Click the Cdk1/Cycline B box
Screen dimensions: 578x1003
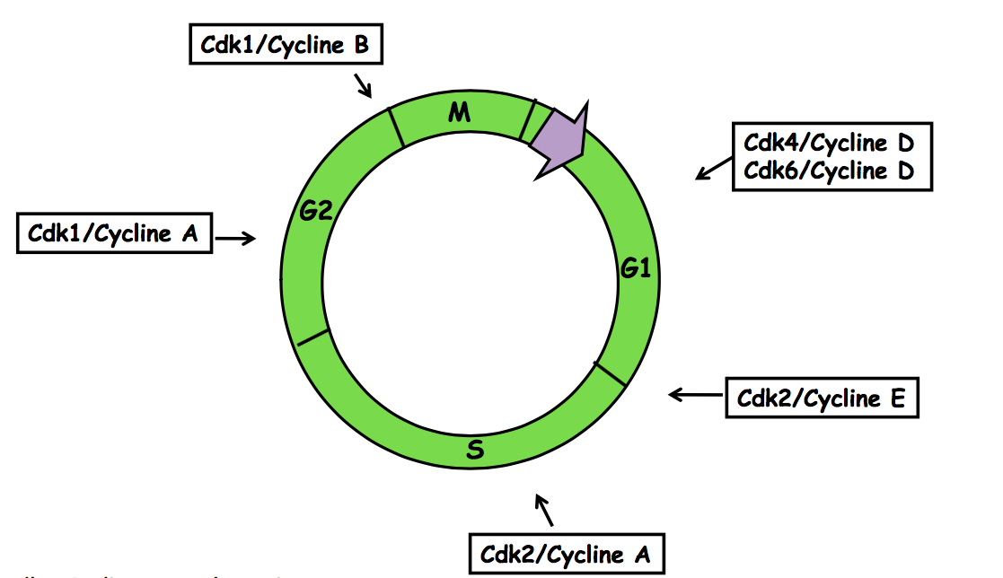[x=286, y=45]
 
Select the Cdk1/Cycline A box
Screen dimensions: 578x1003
[x=114, y=234]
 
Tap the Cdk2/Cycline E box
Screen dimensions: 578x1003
[x=821, y=398]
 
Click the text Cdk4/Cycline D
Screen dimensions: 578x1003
[x=828, y=144]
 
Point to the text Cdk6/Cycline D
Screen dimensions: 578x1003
[x=828, y=171]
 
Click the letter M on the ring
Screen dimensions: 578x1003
[x=460, y=112]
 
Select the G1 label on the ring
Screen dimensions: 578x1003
[x=636, y=267]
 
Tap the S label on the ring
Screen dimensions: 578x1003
[x=476, y=450]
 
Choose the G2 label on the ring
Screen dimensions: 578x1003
[x=316, y=212]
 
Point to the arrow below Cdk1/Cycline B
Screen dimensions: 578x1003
[x=363, y=85]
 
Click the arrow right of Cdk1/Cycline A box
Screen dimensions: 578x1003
[x=237, y=238]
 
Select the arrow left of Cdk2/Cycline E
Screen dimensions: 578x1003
[x=689, y=394]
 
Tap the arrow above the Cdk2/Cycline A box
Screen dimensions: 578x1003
[x=544, y=509]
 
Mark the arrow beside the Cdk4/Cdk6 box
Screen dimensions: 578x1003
[x=714, y=167]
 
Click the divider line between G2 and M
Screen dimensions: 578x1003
[x=395, y=127]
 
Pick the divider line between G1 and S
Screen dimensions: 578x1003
[x=611, y=374]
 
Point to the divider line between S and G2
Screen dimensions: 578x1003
[x=312, y=337]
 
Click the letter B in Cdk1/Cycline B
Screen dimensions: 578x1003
[x=360, y=45]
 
